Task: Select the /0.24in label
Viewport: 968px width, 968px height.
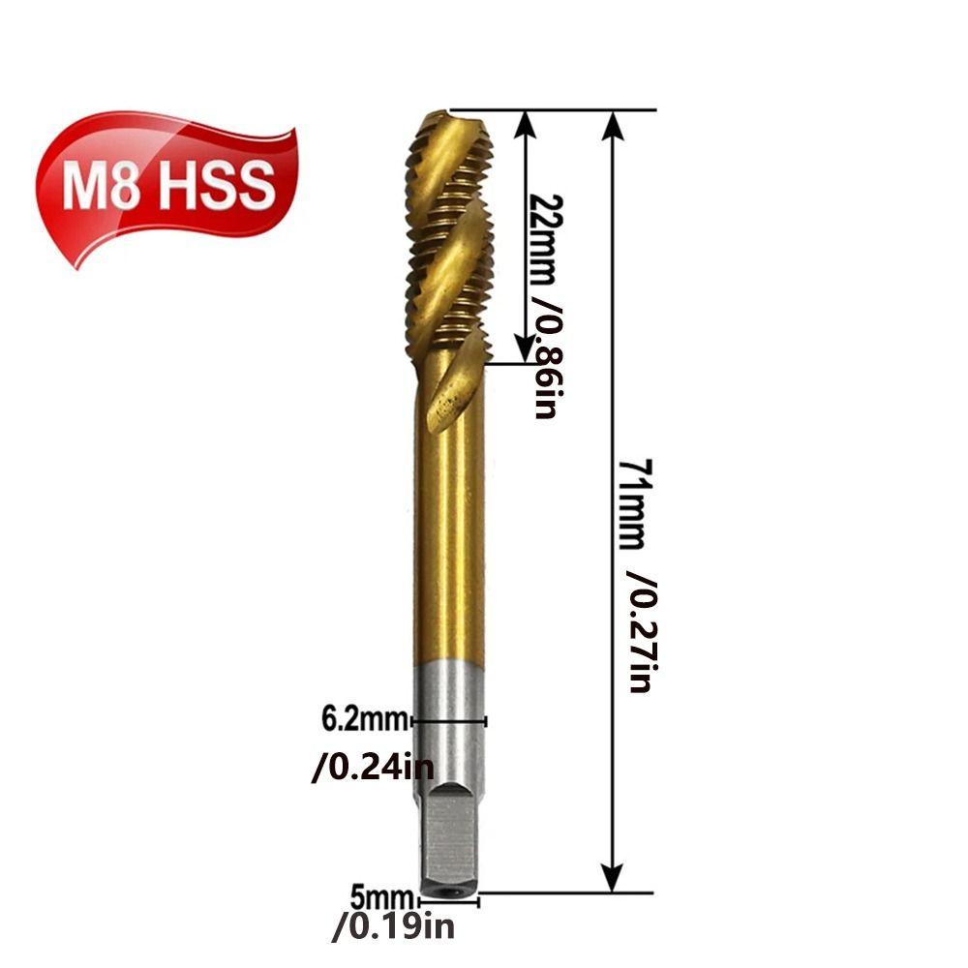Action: pyautogui.click(x=373, y=770)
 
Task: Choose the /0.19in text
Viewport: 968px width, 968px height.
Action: pyautogui.click(x=392, y=927)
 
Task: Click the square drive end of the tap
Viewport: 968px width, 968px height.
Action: pyautogui.click(x=447, y=832)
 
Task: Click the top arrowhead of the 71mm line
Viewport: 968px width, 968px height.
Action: pyautogui.click(x=612, y=121)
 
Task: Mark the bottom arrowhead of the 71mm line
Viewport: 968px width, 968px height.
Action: pyautogui.click(x=612, y=881)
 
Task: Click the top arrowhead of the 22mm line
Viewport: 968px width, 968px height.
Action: pyautogui.click(x=524, y=121)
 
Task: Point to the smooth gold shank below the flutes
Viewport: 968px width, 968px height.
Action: pyautogui.click(x=450, y=542)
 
